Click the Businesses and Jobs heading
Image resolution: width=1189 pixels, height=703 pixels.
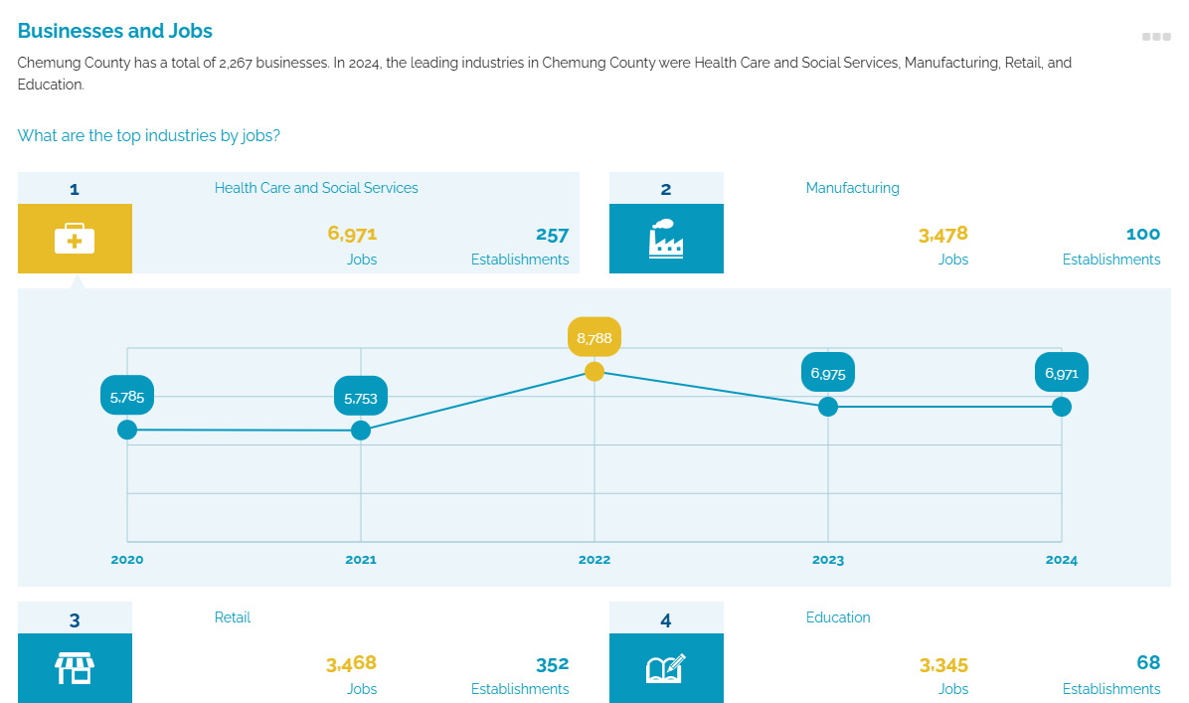click(x=115, y=31)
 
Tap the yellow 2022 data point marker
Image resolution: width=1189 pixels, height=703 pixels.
click(x=594, y=371)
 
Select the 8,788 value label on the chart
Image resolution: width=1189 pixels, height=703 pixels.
click(x=594, y=338)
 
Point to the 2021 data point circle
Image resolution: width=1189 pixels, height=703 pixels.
click(x=361, y=430)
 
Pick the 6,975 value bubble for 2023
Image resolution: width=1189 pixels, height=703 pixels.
click(x=828, y=374)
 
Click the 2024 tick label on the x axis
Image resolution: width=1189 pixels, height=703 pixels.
click(x=1061, y=560)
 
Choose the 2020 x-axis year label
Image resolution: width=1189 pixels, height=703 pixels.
click(x=127, y=560)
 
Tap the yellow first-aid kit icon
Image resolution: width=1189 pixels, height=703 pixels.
click(x=75, y=239)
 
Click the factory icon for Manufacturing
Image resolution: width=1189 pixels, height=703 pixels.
click(x=666, y=239)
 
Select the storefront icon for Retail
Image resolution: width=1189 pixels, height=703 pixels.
click(x=75, y=668)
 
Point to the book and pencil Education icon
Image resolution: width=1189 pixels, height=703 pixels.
click(x=666, y=668)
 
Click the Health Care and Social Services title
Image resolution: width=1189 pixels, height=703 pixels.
click(x=316, y=188)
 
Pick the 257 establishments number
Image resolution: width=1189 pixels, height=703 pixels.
click(x=552, y=236)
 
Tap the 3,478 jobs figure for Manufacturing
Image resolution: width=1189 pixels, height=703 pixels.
click(x=943, y=236)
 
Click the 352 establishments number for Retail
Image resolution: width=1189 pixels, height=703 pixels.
click(x=552, y=664)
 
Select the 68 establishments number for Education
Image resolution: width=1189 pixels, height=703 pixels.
click(x=1148, y=663)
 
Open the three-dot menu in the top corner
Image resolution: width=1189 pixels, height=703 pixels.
click(x=1156, y=37)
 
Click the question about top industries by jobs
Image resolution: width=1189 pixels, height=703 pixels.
click(x=149, y=135)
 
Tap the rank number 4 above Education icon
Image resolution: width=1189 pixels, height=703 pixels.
click(x=666, y=620)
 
